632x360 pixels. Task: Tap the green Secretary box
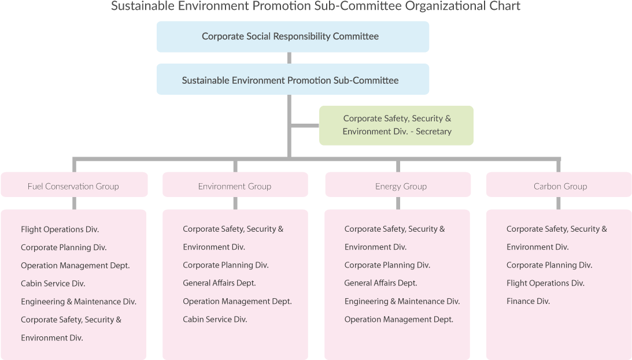pos(396,125)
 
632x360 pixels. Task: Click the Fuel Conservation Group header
pos(73,186)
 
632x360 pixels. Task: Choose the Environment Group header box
pos(235,186)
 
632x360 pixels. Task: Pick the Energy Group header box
pos(398,186)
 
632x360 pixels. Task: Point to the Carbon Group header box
pos(559,186)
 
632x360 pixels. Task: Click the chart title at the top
pos(316,6)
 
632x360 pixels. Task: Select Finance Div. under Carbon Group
pos(528,301)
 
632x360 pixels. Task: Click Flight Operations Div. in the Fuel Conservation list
pos(60,229)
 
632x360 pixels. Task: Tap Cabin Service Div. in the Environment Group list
pos(215,319)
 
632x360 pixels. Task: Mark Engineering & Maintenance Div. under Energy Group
pos(402,301)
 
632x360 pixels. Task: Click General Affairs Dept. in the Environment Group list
pos(219,283)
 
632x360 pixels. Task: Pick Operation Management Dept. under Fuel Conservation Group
pos(75,265)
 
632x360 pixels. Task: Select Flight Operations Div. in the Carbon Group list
pos(545,283)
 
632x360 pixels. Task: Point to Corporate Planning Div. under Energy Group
pos(387,265)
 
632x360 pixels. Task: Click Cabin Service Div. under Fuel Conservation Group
pos(53,283)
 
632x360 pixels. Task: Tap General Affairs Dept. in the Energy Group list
pos(380,283)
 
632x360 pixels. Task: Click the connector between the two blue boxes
pos(289,58)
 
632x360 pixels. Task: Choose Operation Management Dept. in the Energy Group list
pos(398,319)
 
